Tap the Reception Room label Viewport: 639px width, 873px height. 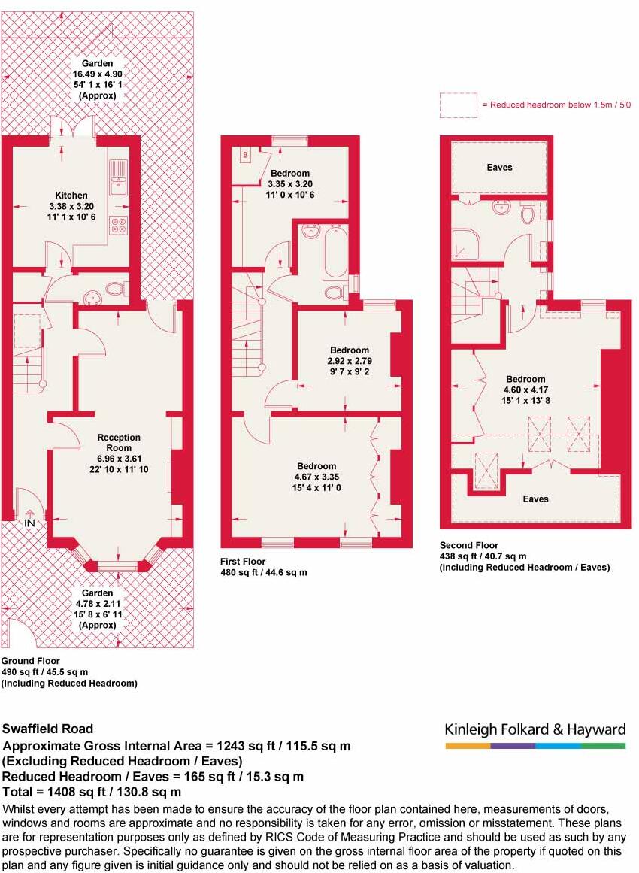(118, 438)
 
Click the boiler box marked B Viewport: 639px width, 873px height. (244, 155)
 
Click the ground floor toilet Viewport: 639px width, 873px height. (114, 288)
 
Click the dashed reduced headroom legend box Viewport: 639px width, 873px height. (458, 105)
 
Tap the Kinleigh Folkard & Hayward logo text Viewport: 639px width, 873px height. (535, 729)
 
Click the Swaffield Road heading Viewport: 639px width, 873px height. (48, 729)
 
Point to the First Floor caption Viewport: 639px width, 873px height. (243, 562)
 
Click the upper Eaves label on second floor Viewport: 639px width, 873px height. (499, 167)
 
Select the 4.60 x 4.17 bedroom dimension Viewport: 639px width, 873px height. (525, 390)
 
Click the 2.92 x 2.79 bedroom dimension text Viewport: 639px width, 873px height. (350, 360)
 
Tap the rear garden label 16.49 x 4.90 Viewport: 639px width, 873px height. (98, 74)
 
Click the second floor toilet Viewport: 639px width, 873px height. (528, 213)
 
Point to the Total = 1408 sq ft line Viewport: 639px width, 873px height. (92, 792)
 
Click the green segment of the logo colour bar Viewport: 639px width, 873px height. (602, 746)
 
